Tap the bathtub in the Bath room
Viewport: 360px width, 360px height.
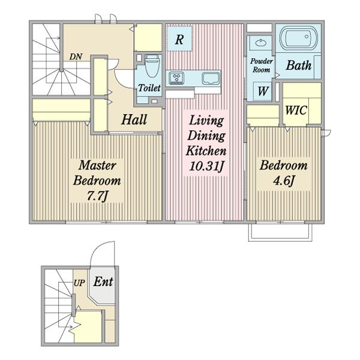pos(299,38)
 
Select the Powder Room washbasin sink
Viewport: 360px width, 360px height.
pos(260,43)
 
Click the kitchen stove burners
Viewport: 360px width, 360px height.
pos(176,77)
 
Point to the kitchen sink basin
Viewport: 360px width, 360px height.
pos(211,78)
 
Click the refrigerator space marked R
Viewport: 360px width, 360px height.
pos(179,38)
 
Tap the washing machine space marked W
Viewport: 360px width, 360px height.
pos(262,91)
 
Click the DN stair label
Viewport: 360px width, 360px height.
pos(76,57)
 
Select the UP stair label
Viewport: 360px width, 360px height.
pos(79,283)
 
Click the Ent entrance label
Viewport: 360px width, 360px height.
pos(103,281)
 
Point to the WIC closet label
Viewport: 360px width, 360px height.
pos(296,110)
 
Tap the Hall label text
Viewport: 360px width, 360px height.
pos(134,119)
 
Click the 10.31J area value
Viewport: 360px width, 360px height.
pos(206,166)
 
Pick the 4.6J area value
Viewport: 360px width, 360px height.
pos(284,181)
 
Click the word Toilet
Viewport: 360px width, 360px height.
pos(149,88)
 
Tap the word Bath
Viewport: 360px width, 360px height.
pos(299,65)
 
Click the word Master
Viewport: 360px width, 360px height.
pos(97,166)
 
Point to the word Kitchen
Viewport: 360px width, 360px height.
pos(206,151)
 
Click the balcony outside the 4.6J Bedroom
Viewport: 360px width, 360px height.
pos(280,232)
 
